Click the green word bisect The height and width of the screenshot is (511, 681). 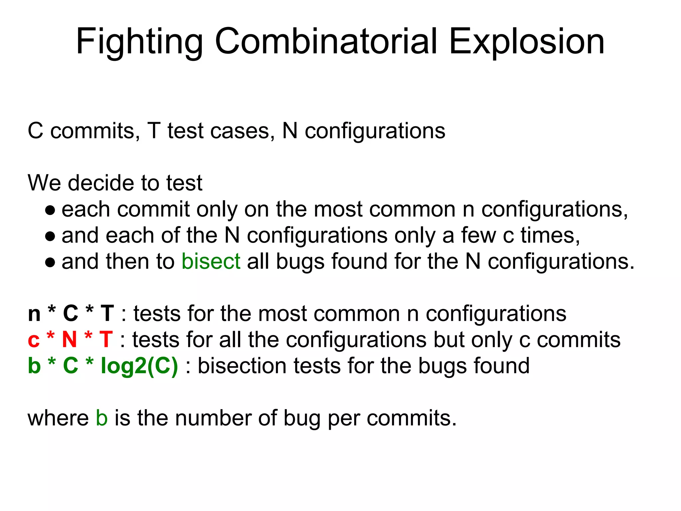click(211, 261)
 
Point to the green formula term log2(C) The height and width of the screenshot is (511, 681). click(139, 366)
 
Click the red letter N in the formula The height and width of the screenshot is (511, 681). click(69, 340)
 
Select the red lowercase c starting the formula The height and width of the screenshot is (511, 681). click(34, 340)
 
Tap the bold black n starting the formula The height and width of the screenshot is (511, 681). click(34, 314)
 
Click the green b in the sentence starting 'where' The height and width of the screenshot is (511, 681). click(102, 418)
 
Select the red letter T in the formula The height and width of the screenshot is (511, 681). click(106, 340)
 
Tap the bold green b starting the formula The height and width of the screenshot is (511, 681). click(34, 366)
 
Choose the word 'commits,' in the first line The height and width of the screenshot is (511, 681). click(95, 131)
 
